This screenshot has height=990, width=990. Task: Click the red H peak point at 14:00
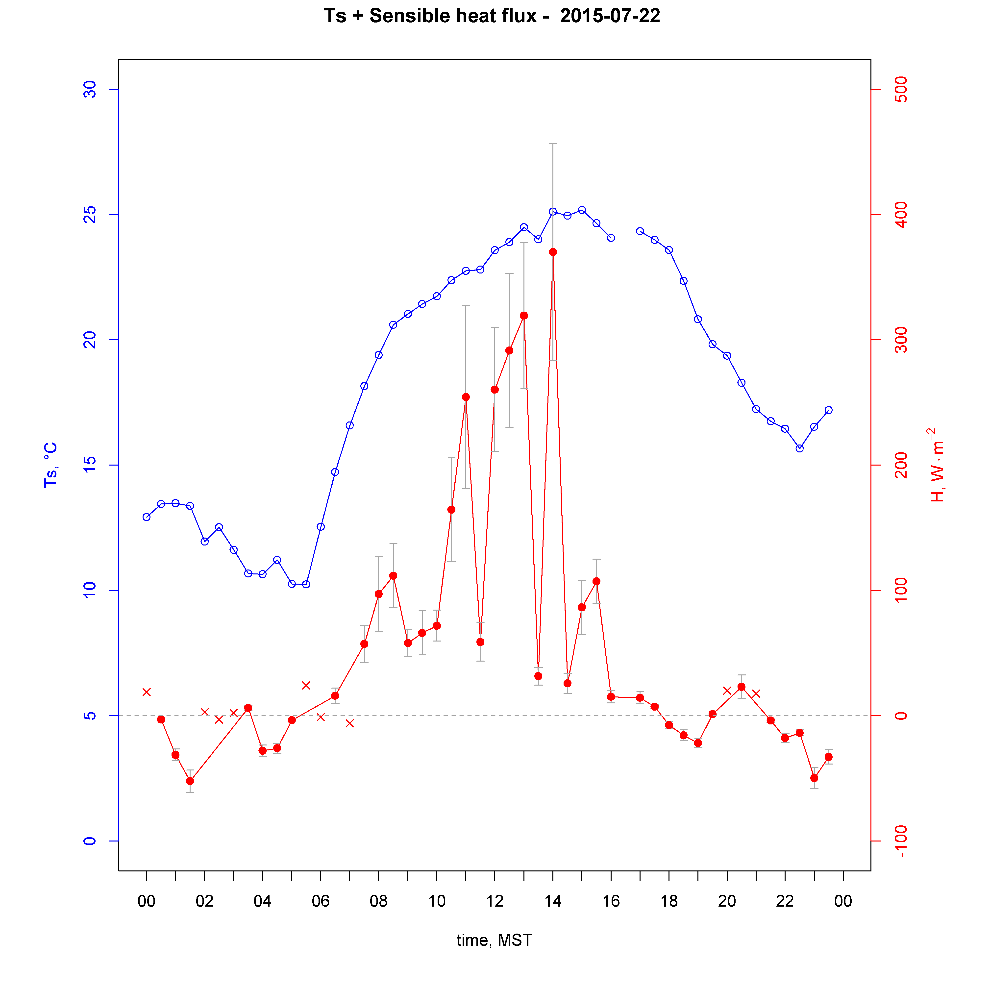[553, 252]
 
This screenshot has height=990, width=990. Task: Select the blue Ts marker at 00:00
[147, 517]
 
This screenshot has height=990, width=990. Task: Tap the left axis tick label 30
[90, 90]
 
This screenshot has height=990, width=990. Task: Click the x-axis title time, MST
[495, 940]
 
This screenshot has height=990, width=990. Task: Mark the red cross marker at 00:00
[147, 692]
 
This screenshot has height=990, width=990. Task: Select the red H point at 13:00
[524, 316]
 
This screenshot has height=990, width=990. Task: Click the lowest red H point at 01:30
[190, 781]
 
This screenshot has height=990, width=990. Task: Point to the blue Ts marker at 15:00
[582, 210]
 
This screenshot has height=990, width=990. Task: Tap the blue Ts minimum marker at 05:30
[306, 584]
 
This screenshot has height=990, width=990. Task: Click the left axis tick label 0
[90, 841]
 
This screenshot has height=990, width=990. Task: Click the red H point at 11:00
[466, 397]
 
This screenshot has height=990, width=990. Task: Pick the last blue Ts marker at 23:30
[829, 410]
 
